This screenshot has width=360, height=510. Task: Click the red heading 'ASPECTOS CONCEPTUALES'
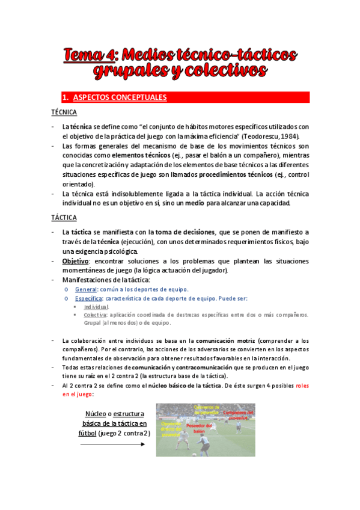point(120,97)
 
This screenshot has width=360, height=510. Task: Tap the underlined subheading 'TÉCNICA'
point(64,112)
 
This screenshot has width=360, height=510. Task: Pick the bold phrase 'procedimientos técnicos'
point(233,174)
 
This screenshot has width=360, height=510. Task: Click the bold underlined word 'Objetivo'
point(75,261)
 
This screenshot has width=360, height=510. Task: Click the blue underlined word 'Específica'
point(89,298)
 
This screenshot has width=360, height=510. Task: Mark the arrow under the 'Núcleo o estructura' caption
point(112,444)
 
